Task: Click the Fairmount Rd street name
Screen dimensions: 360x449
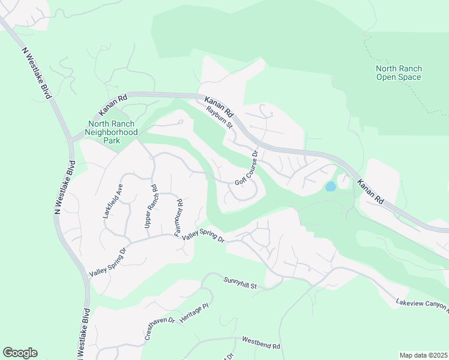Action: [x=179, y=217]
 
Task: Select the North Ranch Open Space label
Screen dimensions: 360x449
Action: [x=399, y=73]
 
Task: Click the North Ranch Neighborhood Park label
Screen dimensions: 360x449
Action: [x=111, y=132]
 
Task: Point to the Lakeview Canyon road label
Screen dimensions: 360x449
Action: [x=422, y=305]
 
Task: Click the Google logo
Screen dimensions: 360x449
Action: [x=20, y=353]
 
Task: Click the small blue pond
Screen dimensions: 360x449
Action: [x=330, y=187]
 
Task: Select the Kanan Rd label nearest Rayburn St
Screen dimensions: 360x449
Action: [x=219, y=106]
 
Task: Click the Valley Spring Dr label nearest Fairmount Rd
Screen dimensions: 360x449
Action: [x=203, y=238]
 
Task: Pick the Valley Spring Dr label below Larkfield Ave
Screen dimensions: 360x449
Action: [x=108, y=262]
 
